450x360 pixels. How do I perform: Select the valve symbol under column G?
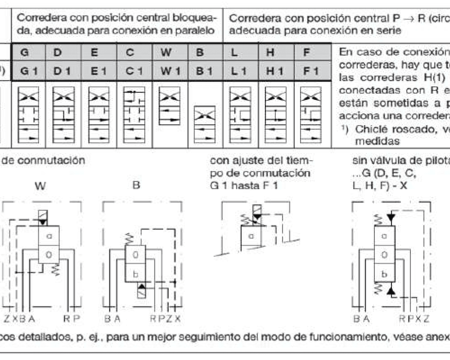click(28, 115)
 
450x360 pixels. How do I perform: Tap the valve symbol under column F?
click(310, 115)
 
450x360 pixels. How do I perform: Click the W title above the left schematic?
click(40, 186)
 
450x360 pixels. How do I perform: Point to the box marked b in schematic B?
click(135, 274)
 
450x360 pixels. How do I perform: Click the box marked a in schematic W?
click(49, 235)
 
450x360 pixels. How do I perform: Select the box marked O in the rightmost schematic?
click(384, 254)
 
